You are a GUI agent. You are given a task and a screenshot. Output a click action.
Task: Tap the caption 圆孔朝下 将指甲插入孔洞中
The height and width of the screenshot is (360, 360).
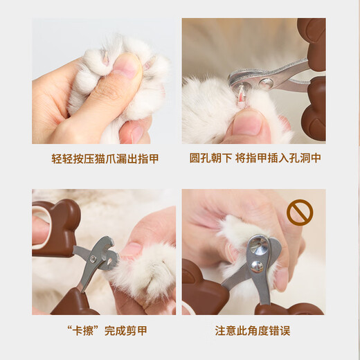coord(254,159)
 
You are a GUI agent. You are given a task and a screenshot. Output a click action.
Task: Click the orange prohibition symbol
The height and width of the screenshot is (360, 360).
coord(300,213)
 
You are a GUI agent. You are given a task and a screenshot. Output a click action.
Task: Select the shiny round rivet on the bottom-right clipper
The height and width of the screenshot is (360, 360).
coord(258,245)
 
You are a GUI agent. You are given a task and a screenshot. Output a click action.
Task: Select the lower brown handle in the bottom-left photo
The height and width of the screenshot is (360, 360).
coord(73,302)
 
